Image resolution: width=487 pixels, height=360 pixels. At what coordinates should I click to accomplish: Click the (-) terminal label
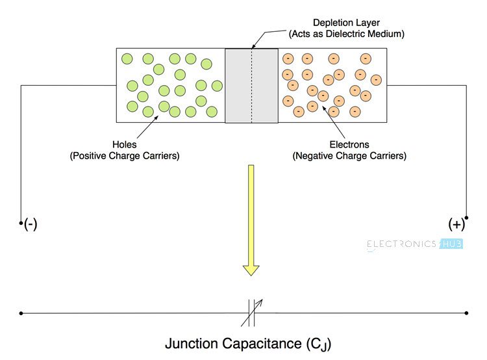pos(31,225)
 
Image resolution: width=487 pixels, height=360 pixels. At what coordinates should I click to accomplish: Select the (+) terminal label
pos(456,225)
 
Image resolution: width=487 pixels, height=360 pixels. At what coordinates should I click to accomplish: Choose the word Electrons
pos(349,144)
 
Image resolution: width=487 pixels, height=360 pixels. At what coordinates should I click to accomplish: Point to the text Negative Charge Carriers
pos(349,156)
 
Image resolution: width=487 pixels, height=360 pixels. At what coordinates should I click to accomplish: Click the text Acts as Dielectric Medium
pos(347,32)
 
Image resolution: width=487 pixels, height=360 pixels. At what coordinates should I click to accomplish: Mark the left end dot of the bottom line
pos(21,313)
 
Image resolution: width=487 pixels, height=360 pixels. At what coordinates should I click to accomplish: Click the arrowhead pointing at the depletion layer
pos(253,47)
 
